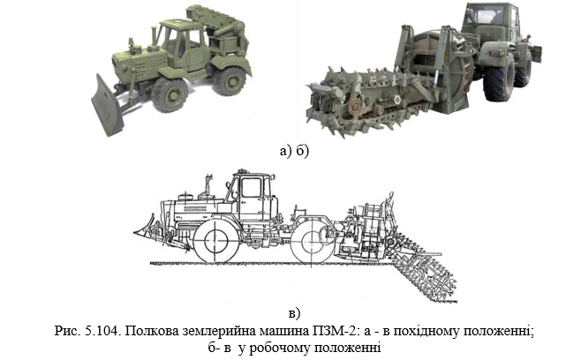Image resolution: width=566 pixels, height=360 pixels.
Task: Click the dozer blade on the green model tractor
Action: click(x=108, y=106)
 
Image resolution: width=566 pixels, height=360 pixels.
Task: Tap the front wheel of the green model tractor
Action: click(x=170, y=95)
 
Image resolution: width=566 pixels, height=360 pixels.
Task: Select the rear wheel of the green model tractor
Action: click(x=230, y=80)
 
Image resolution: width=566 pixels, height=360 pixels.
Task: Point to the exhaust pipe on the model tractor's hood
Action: click(x=155, y=36)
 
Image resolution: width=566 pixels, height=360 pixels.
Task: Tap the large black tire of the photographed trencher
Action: click(x=499, y=79)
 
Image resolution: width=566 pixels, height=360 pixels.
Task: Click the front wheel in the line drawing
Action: click(x=215, y=242)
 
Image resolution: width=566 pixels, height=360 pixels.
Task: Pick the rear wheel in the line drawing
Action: click(x=313, y=242)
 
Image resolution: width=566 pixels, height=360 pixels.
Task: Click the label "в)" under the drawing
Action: click(x=294, y=313)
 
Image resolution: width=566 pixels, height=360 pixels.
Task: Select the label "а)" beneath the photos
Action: click(x=285, y=151)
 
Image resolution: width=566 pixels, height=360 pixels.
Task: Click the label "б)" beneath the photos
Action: click(x=303, y=151)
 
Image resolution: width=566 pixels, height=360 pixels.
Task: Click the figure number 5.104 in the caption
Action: click(x=103, y=331)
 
